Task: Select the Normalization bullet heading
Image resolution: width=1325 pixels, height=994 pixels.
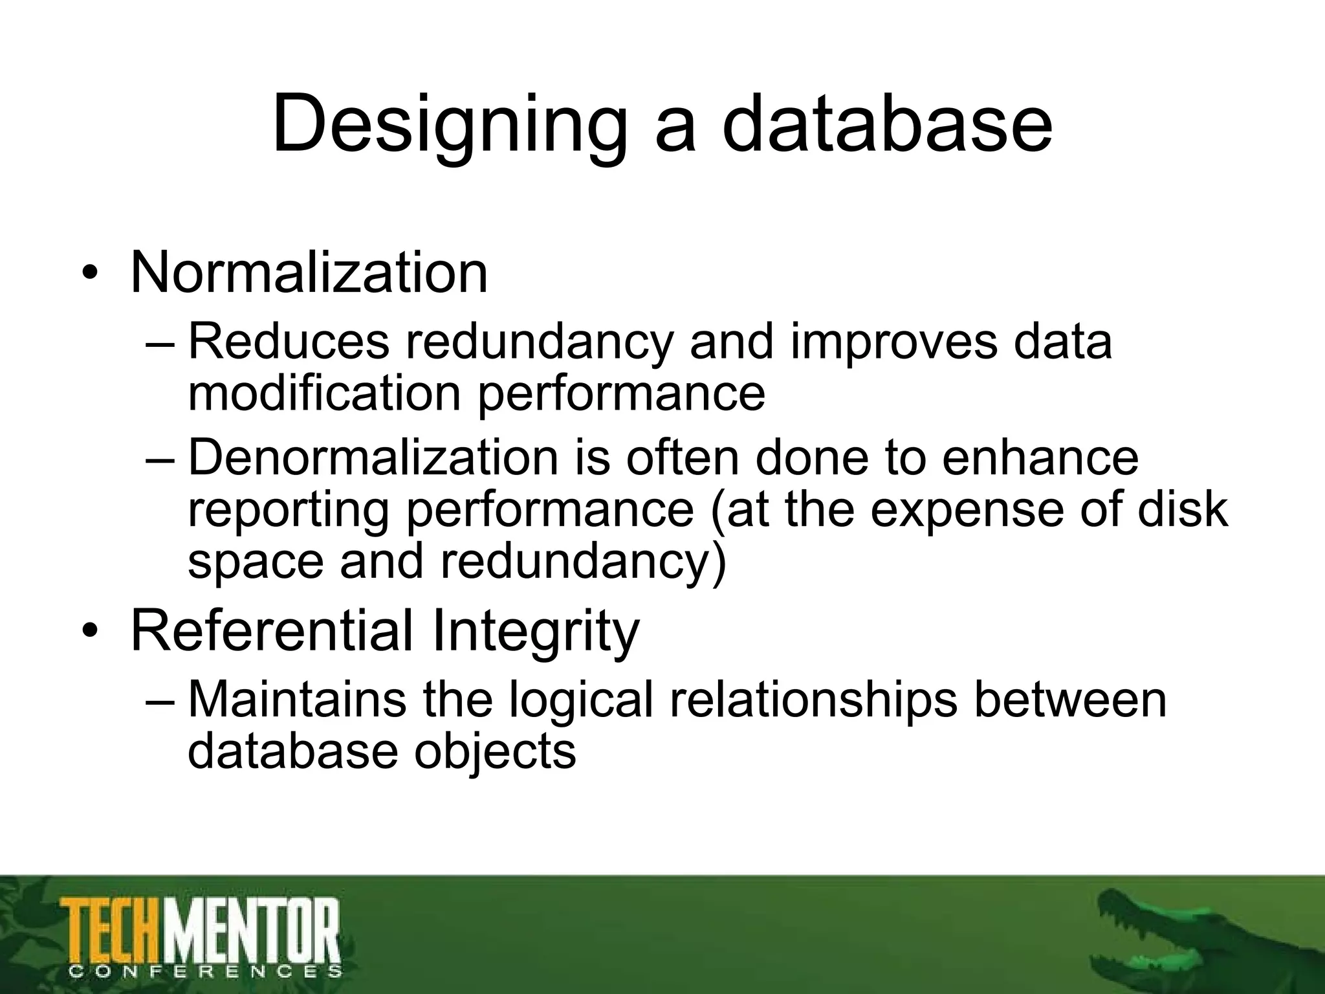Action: pyautogui.click(x=309, y=273)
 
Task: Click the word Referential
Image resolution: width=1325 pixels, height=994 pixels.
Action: pyautogui.click(x=271, y=630)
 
